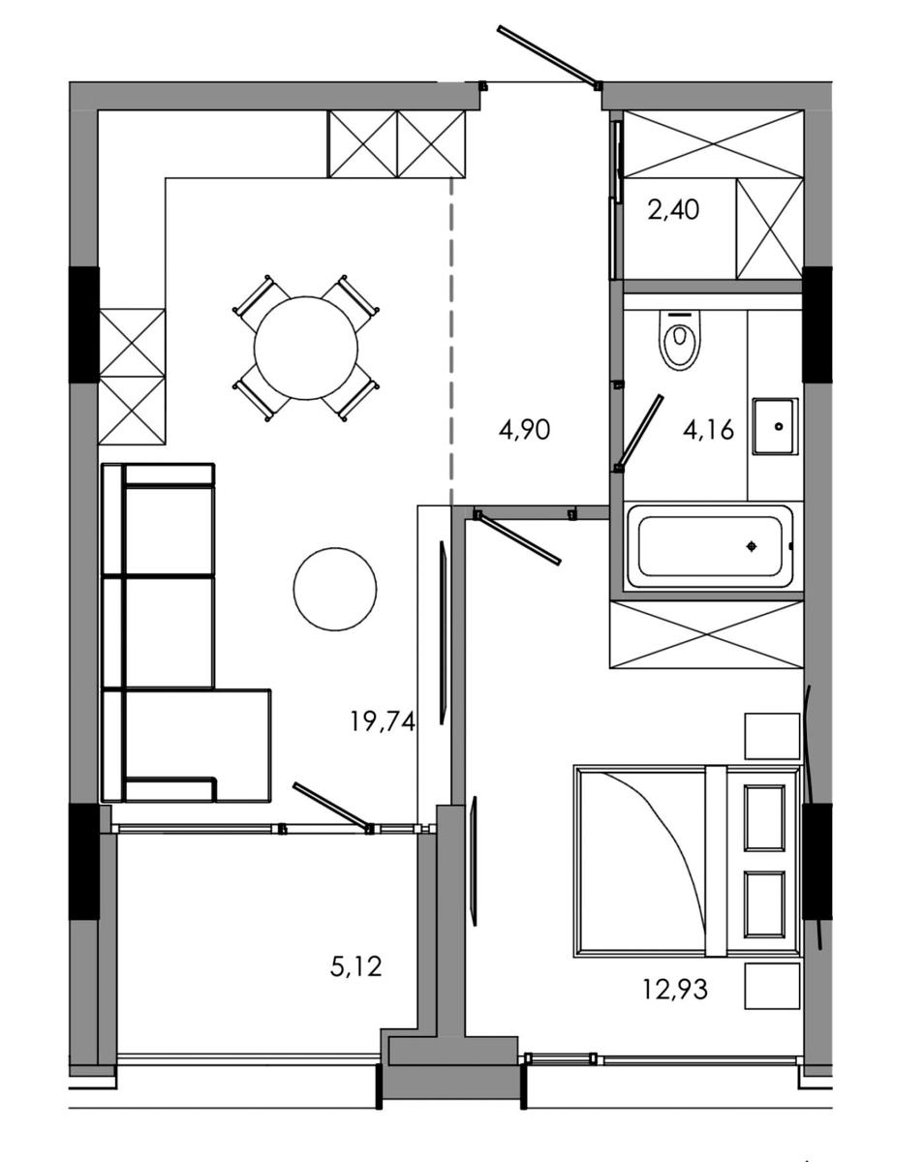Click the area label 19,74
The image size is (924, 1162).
[x=383, y=720]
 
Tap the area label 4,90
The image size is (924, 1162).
[x=524, y=430]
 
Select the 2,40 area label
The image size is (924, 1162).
[x=673, y=209]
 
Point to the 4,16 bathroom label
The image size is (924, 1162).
[x=709, y=430]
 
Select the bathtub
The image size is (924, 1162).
[x=709, y=546]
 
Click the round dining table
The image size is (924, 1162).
[x=306, y=348]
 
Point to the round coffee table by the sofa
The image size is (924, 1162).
[x=335, y=589]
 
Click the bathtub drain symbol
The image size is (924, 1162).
[x=752, y=547]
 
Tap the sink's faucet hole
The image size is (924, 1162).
[x=778, y=427]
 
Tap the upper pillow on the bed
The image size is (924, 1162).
[x=763, y=817]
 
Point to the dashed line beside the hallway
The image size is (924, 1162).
[x=451, y=341]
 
